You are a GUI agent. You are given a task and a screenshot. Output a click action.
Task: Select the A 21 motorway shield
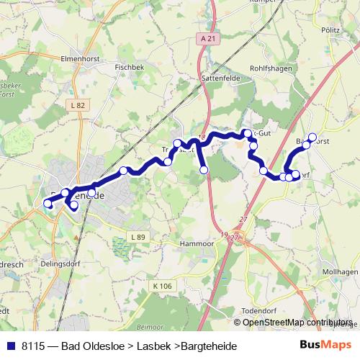[209, 38]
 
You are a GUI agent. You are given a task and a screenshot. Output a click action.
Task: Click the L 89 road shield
[138, 237]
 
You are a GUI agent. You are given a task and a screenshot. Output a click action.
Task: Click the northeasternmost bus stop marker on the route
[312, 137]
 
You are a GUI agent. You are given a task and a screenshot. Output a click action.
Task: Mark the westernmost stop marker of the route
[48, 204]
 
